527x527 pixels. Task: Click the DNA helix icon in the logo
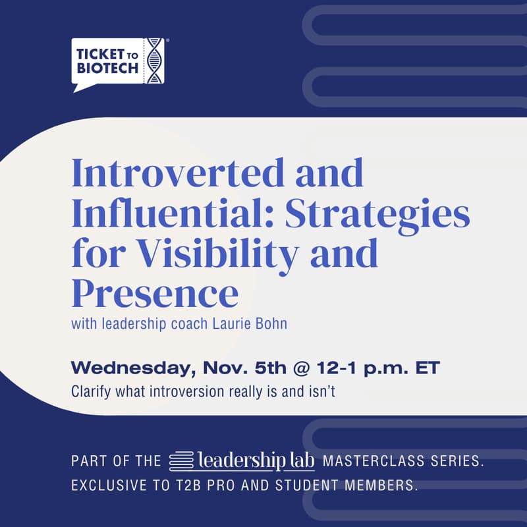coord(154,61)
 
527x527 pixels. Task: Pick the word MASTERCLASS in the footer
coord(369,460)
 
